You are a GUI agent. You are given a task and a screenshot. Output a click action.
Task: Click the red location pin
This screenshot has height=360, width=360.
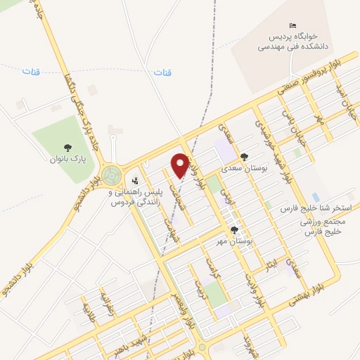[x=180, y=165]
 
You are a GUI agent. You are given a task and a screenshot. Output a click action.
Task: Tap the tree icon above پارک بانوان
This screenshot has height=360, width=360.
[x=67, y=148]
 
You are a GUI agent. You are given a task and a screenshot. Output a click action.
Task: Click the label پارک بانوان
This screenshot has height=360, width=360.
[x=67, y=160]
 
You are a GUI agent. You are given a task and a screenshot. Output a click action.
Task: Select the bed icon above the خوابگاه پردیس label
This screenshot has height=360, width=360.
[x=293, y=25]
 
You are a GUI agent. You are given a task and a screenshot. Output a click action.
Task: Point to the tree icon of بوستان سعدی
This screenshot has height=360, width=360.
[x=243, y=157]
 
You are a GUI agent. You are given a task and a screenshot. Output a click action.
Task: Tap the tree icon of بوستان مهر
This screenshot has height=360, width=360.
[x=234, y=230]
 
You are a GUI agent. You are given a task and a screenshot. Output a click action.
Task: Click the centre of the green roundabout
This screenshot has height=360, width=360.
[x=110, y=175]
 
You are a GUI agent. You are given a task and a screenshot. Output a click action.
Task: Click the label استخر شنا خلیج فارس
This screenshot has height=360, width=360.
[x=310, y=210]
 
